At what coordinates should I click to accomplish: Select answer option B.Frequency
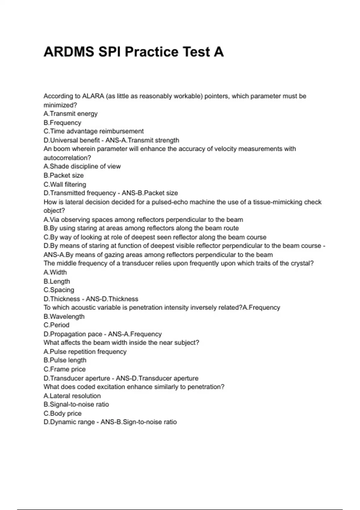pyautogui.click(x=62, y=123)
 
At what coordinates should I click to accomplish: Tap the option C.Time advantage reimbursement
pyautogui.click(x=94, y=131)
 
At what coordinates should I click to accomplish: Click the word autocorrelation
pyautogui.click(x=67, y=158)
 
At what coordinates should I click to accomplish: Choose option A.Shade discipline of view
pyautogui.click(x=82, y=166)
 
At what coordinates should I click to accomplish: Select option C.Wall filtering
pyautogui.click(x=65, y=184)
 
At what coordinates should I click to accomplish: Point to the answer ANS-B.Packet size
pyautogui.click(x=150, y=193)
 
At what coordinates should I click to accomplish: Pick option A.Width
pyautogui.click(x=55, y=272)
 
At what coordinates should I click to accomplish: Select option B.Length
pyautogui.click(x=57, y=281)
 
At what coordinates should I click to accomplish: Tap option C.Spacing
pyautogui.click(x=59, y=290)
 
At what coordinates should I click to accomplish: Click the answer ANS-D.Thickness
pyautogui.click(x=112, y=299)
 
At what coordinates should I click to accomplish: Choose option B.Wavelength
pyautogui.click(x=64, y=316)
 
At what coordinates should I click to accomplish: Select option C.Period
pyautogui.click(x=56, y=325)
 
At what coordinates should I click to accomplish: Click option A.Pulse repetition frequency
pyautogui.click(x=85, y=352)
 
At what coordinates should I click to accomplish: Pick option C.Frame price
pyautogui.click(x=64, y=369)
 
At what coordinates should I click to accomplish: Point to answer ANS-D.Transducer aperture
pyautogui.click(x=157, y=378)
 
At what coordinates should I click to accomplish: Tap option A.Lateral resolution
pyautogui.click(x=72, y=396)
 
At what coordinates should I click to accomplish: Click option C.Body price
pyautogui.click(x=62, y=413)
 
